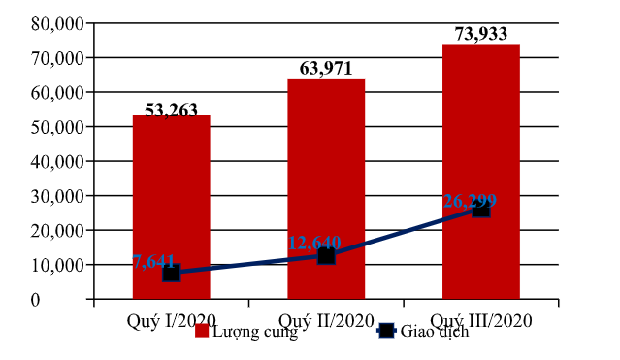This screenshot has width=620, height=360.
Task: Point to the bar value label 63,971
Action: click(x=327, y=69)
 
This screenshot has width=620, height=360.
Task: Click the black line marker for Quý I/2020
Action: click(x=171, y=273)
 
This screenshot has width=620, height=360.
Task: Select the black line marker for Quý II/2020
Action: click(x=326, y=255)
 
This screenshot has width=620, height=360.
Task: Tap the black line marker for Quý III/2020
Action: click(x=481, y=208)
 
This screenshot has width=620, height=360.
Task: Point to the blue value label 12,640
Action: click(x=313, y=243)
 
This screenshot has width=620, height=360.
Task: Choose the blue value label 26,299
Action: click(x=470, y=201)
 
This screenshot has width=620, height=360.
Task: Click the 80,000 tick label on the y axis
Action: click(x=55, y=23)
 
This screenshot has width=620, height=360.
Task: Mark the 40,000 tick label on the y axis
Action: click(x=55, y=161)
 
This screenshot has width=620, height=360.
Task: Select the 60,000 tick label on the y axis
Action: click(x=55, y=92)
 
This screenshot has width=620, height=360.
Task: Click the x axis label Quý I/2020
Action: click(x=171, y=319)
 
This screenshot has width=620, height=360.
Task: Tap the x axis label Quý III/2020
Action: click(x=481, y=319)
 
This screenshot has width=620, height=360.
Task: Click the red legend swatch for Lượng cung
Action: click(x=203, y=331)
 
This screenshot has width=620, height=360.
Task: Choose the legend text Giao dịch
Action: click(x=435, y=331)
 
